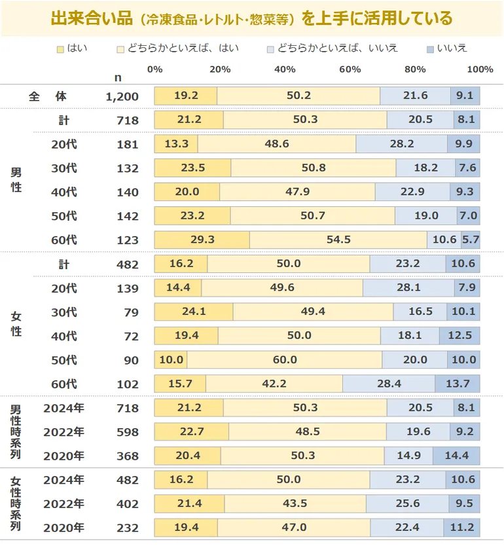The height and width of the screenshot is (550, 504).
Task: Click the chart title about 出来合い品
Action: coord(251,18)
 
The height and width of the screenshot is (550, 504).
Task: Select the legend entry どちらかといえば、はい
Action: coord(177,48)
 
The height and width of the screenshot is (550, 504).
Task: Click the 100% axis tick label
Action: coord(480,69)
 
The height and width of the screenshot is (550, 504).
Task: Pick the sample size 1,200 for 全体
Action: coord(122,96)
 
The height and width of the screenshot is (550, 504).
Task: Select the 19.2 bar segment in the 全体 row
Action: coord(185,96)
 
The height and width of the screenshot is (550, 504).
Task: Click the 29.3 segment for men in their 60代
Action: coord(202,240)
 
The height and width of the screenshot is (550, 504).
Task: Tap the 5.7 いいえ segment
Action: coord(470,240)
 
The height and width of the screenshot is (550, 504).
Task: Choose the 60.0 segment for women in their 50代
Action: coord(284,359)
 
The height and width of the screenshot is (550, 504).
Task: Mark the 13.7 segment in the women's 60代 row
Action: coord(458,384)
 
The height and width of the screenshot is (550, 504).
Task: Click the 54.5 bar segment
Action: coord(338,240)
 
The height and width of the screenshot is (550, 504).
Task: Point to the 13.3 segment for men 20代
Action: coord(175,144)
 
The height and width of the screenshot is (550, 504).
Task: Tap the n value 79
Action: coord(132,312)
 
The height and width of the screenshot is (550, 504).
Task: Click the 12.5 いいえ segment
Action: coord(459,336)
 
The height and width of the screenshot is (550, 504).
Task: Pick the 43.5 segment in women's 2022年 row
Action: coord(295,504)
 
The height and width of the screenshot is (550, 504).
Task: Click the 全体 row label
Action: coord(48,96)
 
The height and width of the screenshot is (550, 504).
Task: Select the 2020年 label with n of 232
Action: coord(63,528)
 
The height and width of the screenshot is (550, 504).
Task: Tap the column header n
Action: coord(118,77)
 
